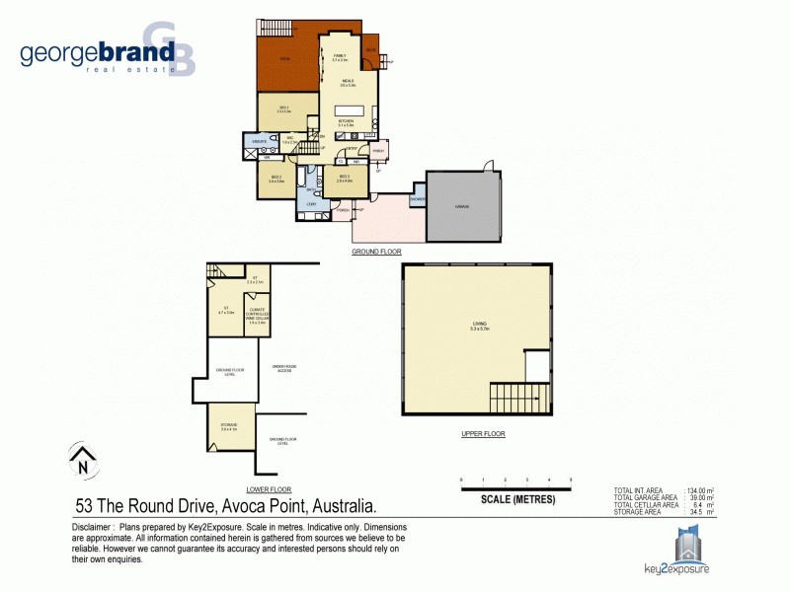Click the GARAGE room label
click(x=461, y=206)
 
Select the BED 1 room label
click(x=284, y=110)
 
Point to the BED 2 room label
click(x=276, y=179)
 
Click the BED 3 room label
click(x=345, y=179)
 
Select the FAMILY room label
click(x=340, y=56)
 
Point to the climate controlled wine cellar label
click(x=257, y=313)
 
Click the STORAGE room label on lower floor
click(x=229, y=425)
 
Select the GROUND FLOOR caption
click(x=376, y=252)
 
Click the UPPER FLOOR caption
click(x=483, y=434)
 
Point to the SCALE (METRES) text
click(x=517, y=499)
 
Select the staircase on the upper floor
click(x=518, y=399)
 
